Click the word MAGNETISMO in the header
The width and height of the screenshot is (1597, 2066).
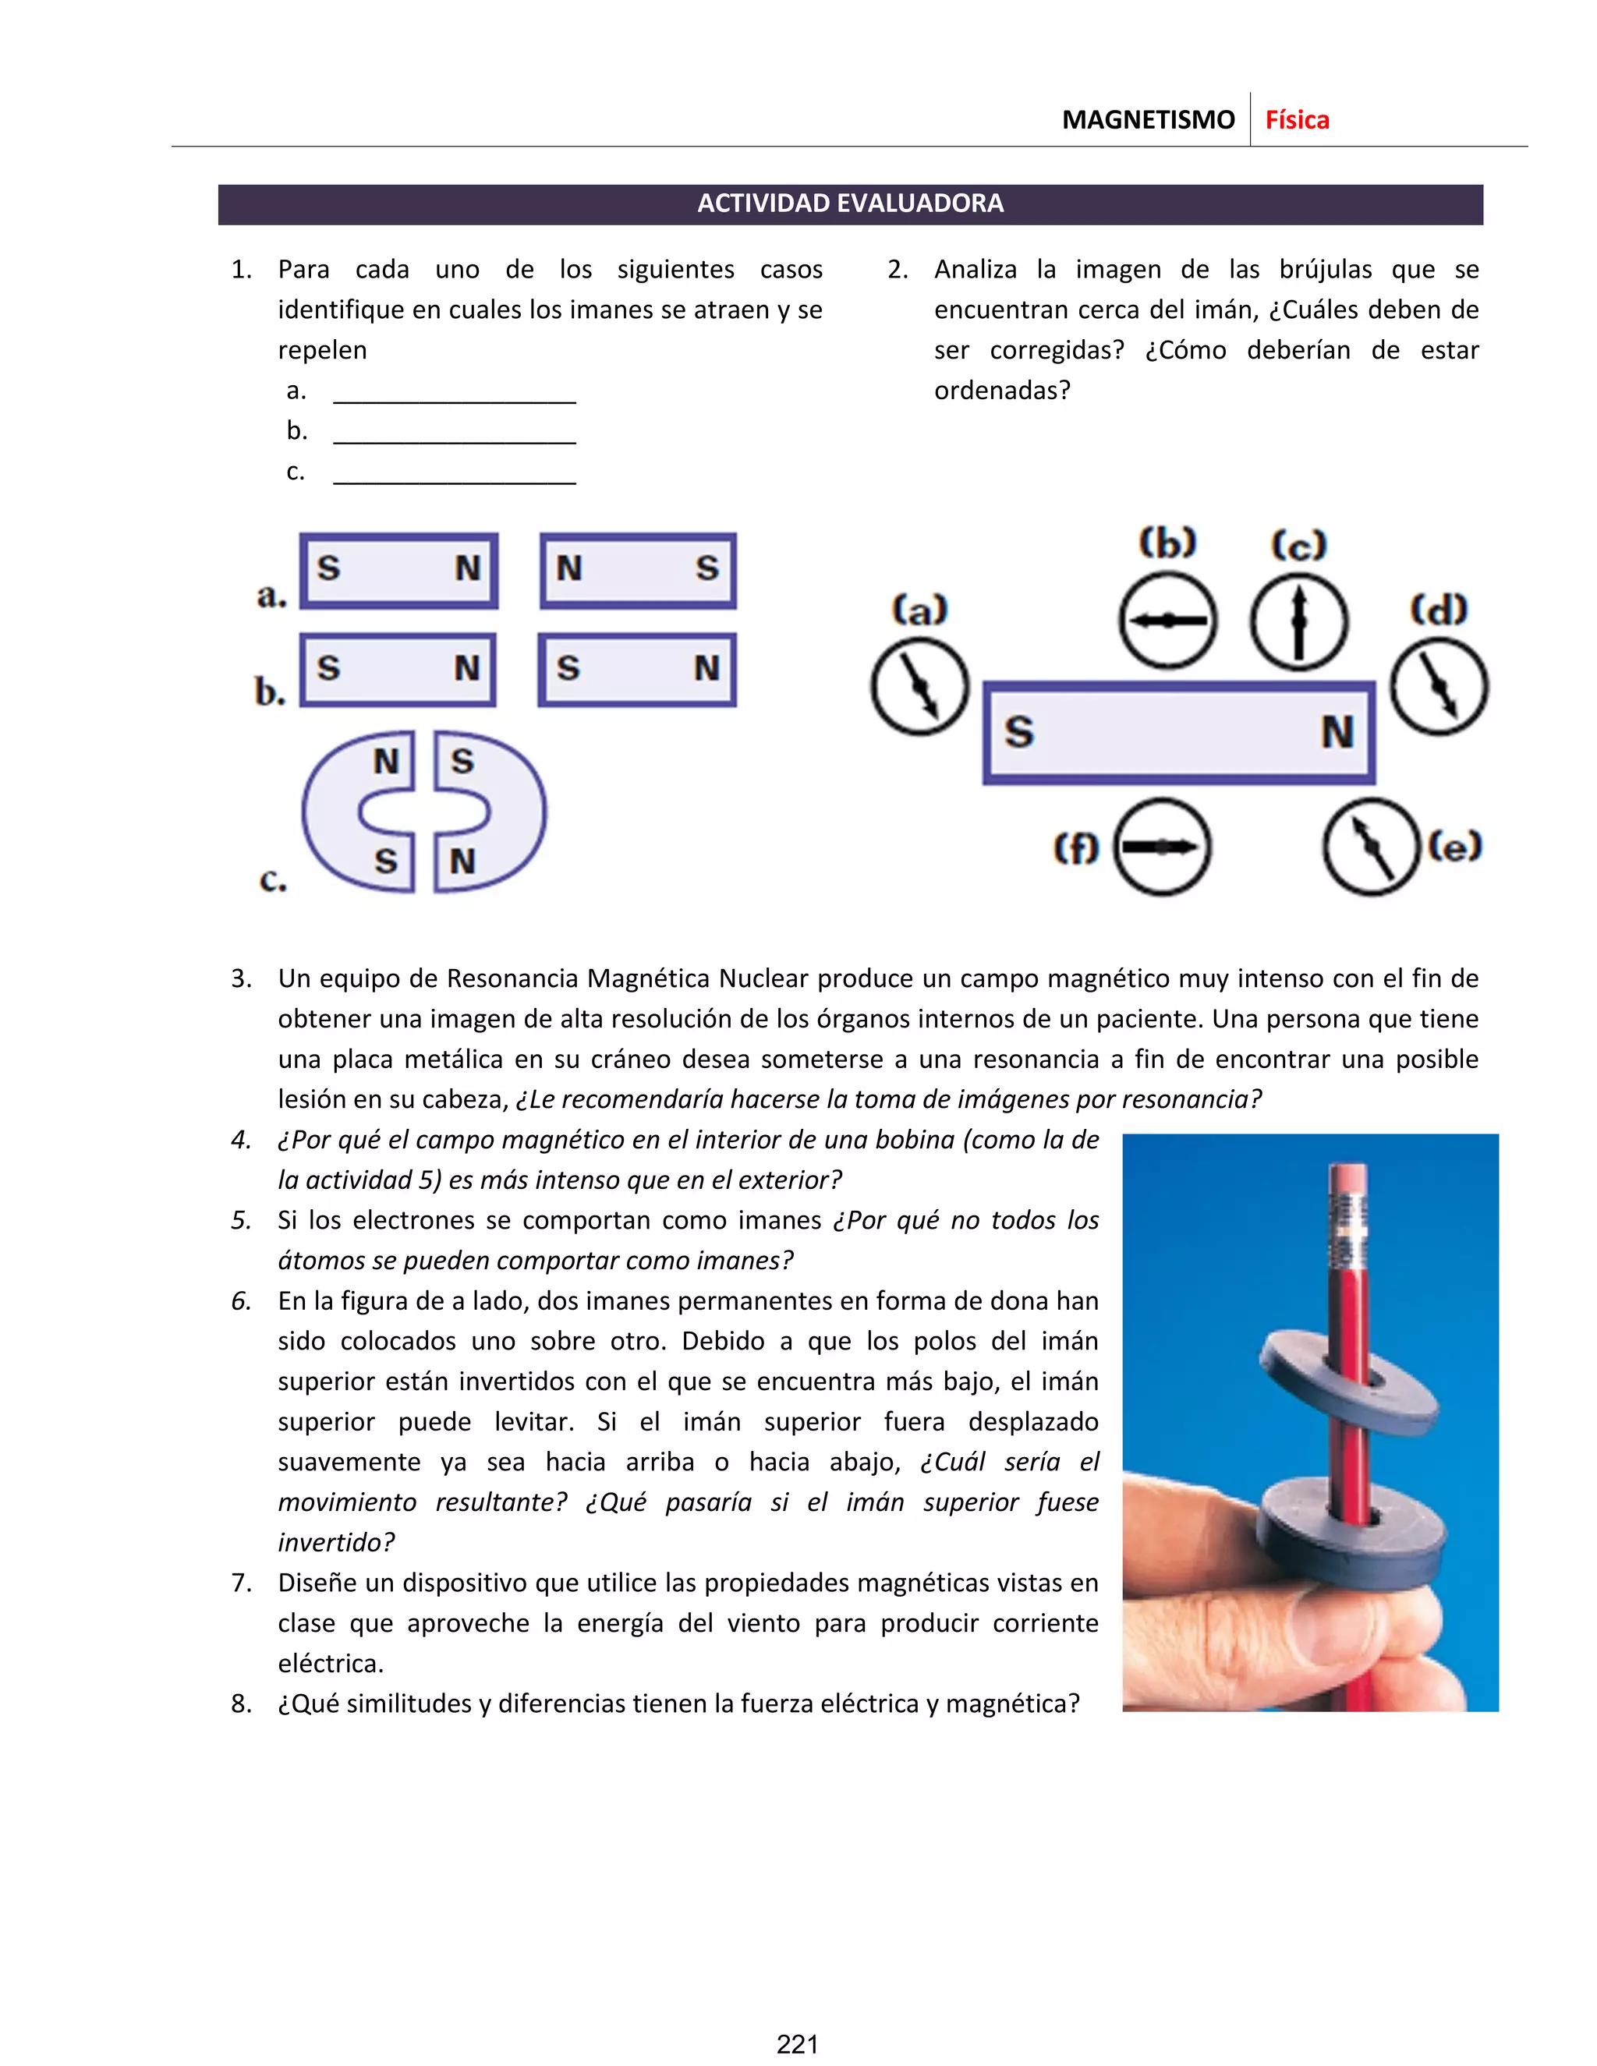click(1148, 120)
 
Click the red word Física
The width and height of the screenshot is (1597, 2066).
click(1296, 120)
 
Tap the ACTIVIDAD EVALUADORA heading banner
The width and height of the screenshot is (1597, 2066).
click(850, 203)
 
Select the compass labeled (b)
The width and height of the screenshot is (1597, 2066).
click(1167, 621)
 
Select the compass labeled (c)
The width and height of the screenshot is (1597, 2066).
click(1298, 621)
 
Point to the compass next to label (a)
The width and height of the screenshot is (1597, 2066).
click(919, 687)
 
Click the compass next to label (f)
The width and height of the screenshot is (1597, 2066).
click(1162, 847)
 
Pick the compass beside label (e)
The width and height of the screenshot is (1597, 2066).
click(1372, 847)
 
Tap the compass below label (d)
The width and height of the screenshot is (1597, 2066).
click(1438, 687)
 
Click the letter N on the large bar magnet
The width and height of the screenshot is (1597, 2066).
click(1337, 732)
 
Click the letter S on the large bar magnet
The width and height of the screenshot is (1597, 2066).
click(1019, 732)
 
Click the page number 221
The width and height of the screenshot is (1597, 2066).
click(798, 2043)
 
